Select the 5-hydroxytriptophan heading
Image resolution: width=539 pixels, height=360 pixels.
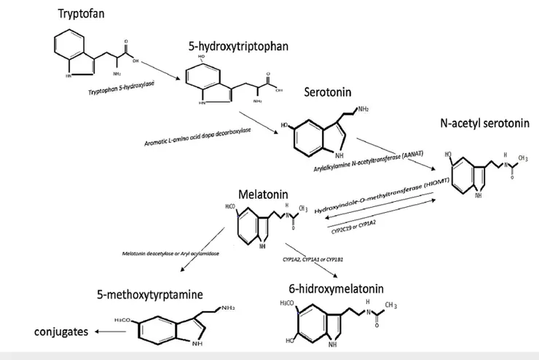238,47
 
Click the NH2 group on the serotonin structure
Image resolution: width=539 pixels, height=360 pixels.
370,109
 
